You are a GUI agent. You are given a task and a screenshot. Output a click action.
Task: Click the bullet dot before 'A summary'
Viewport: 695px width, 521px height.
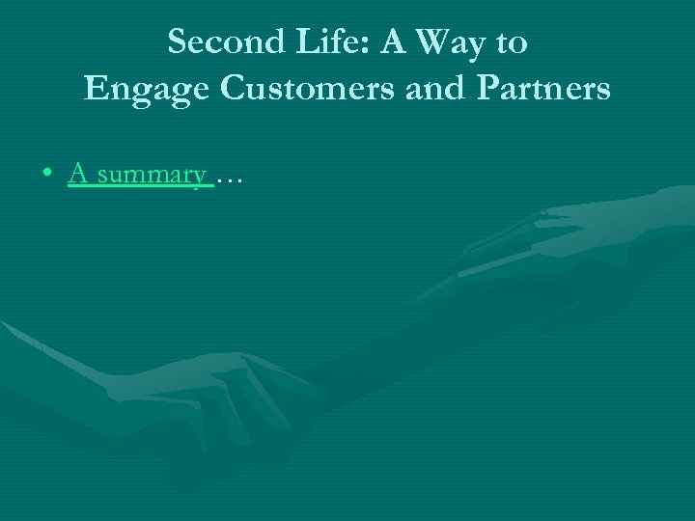coord(47,175)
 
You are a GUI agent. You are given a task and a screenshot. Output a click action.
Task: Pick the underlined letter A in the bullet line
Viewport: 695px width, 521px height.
coord(78,174)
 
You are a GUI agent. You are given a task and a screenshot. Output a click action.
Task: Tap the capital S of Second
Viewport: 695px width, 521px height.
coord(177,42)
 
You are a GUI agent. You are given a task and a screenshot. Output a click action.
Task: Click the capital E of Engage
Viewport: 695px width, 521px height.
coord(96,89)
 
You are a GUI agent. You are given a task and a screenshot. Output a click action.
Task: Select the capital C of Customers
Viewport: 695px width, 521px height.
coord(235,89)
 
